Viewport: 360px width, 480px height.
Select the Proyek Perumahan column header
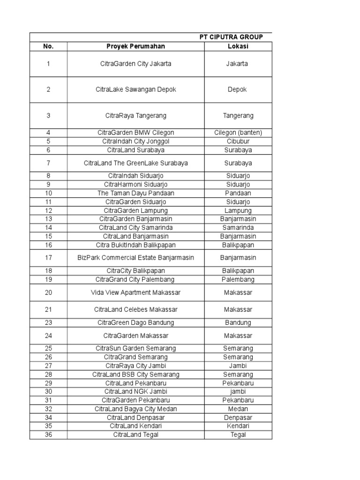135,46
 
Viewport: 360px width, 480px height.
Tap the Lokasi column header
238,46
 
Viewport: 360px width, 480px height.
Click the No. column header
48,46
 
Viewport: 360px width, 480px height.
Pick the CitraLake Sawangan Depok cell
135,90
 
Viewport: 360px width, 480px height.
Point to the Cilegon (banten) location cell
238,133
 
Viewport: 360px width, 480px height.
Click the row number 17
48,258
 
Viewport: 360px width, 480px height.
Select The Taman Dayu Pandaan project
135,193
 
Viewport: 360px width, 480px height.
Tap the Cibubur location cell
238,141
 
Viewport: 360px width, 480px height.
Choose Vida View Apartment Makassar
135,292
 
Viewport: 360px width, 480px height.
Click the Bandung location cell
238,322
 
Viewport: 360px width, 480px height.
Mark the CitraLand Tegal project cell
135,435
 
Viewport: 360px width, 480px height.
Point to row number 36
48,435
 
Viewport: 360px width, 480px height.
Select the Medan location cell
238,409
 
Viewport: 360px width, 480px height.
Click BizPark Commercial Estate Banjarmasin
135,258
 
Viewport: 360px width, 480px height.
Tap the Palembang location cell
238,279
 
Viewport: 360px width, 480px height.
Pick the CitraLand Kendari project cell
135,426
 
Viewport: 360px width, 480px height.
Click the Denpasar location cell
238,417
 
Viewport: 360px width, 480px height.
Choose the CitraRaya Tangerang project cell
135,115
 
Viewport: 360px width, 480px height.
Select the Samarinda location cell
238,227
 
